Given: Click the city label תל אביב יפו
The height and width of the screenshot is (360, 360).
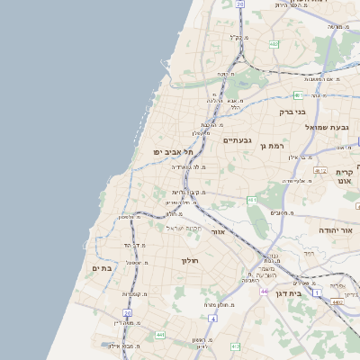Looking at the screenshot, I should (173, 153).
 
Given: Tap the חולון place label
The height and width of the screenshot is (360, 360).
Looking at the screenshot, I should (188, 261).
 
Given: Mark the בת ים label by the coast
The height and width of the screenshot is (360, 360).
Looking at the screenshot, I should (101, 268).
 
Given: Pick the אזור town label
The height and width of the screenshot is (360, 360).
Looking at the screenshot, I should (217, 231).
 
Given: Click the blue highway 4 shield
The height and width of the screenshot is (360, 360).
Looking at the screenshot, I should (211, 318).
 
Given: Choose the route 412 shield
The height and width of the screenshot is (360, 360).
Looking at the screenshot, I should (236, 346).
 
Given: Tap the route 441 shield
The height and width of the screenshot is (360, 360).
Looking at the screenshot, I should (159, 335).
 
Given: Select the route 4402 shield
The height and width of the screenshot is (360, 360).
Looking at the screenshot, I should (337, 302).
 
